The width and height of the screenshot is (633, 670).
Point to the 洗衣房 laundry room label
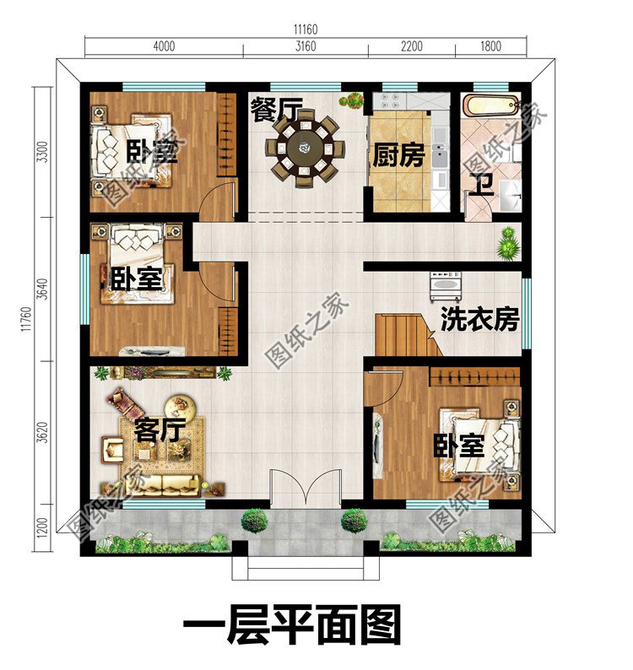pyautogui.click(x=479, y=321)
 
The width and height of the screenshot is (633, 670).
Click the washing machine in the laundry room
pyautogui.click(x=447, y=287)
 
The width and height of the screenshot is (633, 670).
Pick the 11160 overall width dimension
pyautogui.click(x=306, y=30)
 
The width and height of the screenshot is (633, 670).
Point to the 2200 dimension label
pyautogui.click(x=411, y=47)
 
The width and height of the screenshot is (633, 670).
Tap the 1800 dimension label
pyautogui.click(x=490, y=47)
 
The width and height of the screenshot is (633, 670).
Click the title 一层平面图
pyautogui.click(x=292, y=628)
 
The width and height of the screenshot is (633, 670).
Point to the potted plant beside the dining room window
pyautogui.click(x=352, y=100)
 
